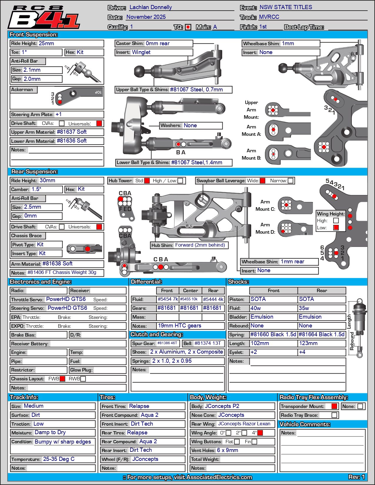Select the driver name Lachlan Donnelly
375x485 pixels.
[151, 7]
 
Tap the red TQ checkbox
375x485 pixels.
[188, 27]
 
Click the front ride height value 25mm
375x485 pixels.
[46, 44]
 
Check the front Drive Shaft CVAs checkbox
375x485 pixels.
[62, 123]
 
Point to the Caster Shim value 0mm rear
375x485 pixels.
[158, 44]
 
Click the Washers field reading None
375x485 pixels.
[190, 126]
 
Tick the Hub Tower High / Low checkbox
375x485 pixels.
[180, 181]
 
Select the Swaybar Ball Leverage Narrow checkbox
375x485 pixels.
[291, 181]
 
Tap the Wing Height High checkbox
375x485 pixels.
[336, 220]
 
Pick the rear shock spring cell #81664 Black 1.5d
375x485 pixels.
[321, 335]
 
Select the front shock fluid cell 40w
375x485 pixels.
[256, 308]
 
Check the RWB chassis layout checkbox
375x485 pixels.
[83, 379]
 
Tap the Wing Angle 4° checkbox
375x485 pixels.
[260, 433]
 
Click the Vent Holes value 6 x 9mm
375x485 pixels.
[227, 450]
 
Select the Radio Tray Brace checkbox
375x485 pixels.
[334, 415]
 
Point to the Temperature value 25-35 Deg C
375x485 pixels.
[59, 459]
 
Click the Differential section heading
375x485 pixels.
[146, 282]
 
